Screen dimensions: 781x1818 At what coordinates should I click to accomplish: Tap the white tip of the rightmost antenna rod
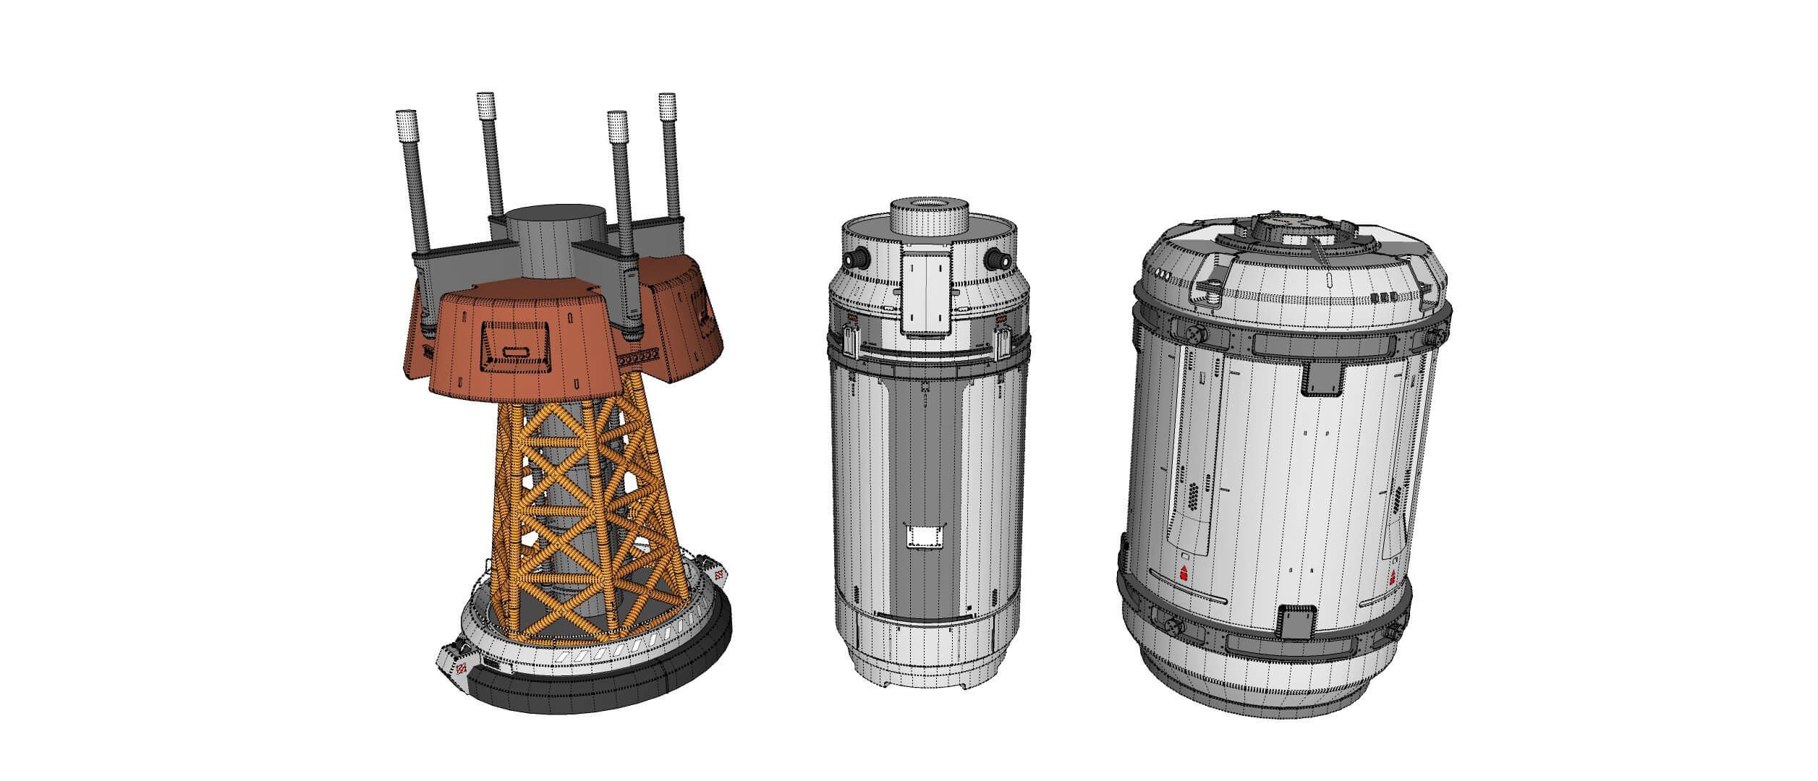[666, 106]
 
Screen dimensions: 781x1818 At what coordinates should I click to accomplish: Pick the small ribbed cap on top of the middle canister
[930, 215]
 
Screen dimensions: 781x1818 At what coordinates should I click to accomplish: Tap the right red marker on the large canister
[1393, 575]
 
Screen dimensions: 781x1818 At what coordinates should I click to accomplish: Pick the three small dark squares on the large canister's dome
[1380, 297]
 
